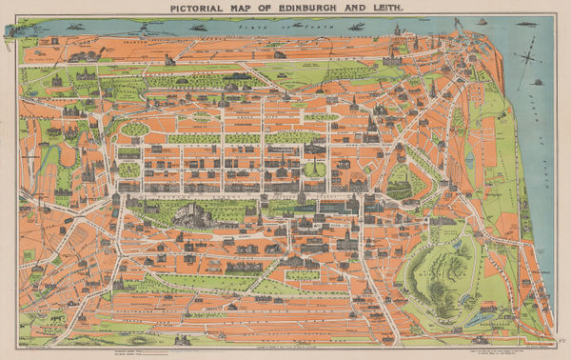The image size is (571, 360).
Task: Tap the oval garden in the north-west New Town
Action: (135, 129)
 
